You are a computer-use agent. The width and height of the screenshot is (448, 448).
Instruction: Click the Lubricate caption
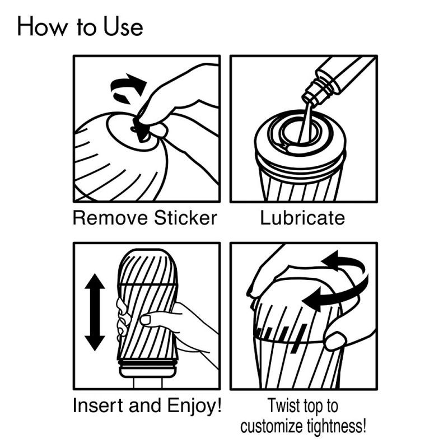(302, 218)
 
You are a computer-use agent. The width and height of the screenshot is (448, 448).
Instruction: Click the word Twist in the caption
(284, 405)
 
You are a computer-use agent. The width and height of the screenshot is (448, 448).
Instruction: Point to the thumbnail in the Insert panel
(146, 320)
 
